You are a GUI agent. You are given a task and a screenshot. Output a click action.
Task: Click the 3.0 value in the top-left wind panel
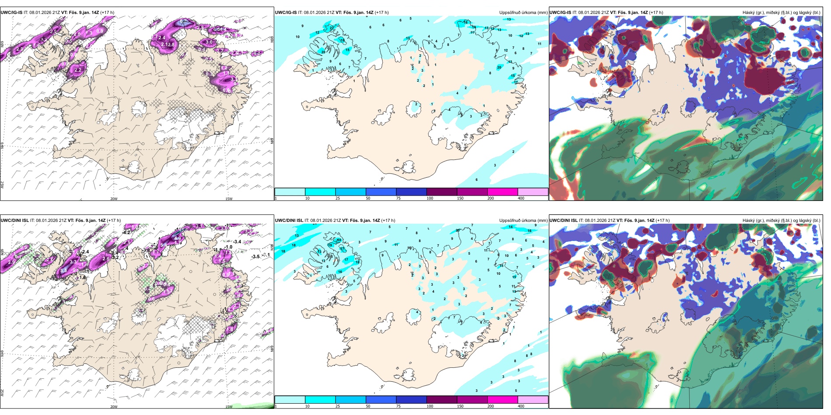pos(209,42)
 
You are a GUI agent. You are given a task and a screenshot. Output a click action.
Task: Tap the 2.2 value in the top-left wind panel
pos(78,70)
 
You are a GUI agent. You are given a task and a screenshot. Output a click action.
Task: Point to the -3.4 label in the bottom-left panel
pos(237,242)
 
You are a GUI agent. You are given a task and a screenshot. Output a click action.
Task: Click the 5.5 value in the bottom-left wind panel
pos(63,271)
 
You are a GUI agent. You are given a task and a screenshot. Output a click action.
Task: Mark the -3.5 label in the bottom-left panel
pos(256,257)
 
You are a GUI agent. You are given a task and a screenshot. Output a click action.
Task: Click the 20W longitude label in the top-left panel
pos(114,199)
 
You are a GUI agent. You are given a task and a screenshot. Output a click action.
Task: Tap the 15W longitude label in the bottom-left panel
pos(229,407)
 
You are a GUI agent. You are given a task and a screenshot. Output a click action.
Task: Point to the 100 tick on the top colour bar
pos(430,198)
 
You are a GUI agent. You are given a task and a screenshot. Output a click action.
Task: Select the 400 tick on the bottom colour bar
pos(521,406)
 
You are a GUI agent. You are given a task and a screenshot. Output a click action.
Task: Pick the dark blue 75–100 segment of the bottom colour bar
pos(411,400)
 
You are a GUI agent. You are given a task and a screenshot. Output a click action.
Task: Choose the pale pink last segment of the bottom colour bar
pos(533,400)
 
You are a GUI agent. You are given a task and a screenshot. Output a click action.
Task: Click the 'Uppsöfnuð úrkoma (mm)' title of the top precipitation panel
pos(523,13)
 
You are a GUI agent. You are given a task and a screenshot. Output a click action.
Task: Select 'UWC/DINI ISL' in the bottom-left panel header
pos(14,221)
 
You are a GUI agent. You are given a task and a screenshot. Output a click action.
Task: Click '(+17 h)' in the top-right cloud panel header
pos(656,13)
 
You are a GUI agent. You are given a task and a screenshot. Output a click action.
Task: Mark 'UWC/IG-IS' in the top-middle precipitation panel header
pos(286,13)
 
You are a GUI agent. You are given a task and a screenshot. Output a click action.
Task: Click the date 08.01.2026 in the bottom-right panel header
pos(596,221)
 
